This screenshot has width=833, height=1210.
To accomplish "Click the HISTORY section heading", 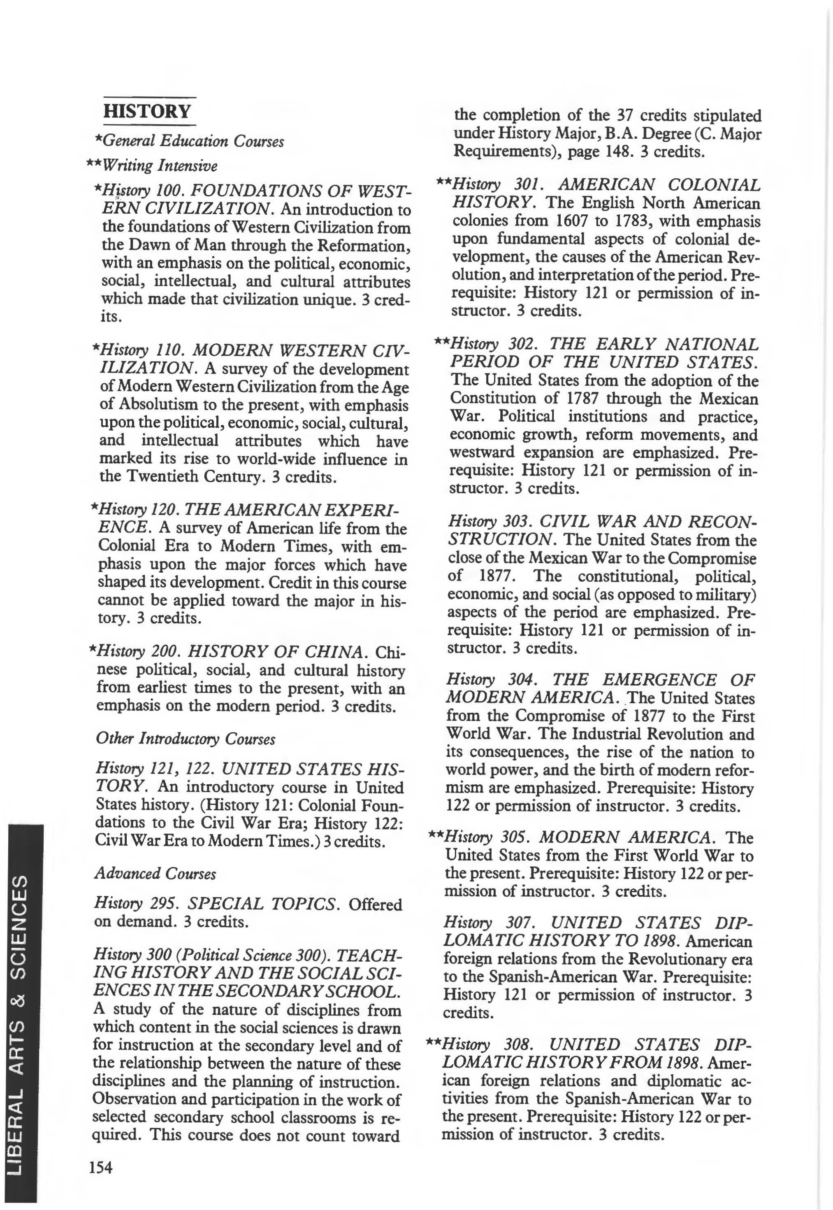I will pos(148,111).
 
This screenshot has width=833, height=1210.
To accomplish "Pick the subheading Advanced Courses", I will pos(155,873).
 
